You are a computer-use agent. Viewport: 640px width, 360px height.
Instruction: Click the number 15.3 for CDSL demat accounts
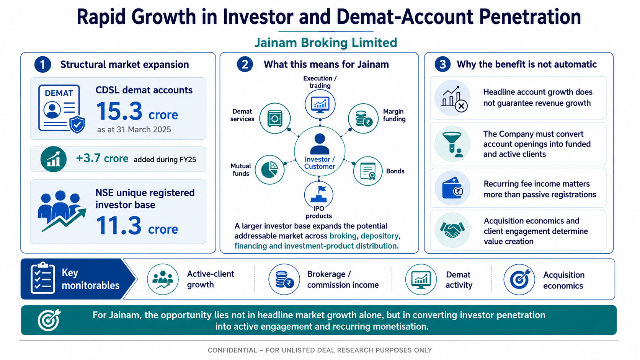pos(119,111)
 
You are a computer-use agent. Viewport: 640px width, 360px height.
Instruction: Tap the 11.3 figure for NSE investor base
pos(119,226)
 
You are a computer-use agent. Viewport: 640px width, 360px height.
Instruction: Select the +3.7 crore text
pos(102,158)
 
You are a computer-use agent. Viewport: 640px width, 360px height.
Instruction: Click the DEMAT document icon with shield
pos(61,109)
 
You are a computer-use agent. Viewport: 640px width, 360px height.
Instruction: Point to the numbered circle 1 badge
pos(42,65)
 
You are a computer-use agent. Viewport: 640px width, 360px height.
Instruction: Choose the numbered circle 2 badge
pos(245,64)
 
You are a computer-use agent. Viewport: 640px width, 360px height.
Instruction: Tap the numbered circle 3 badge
pos(442,64)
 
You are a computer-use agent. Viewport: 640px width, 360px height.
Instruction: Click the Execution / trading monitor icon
pos(320,104)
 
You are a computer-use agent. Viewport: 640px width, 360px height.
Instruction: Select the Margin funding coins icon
pos(363,119)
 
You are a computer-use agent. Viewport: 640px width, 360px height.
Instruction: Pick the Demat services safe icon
pos(275,118)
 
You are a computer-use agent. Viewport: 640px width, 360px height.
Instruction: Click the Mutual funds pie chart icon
pos(269,169)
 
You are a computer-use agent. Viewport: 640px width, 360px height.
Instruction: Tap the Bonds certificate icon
pos(368,171)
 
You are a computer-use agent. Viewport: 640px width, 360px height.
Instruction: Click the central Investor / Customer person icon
pos(320,145)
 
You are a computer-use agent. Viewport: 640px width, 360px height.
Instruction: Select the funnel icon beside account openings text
pos(452,144)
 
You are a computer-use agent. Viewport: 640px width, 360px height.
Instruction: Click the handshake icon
pos(452,230)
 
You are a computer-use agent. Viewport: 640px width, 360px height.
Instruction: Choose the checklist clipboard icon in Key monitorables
pos(42,278)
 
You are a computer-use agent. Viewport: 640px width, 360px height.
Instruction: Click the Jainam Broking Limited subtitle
pos(326,43)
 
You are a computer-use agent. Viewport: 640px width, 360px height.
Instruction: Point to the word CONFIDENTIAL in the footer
pos(232,350)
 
